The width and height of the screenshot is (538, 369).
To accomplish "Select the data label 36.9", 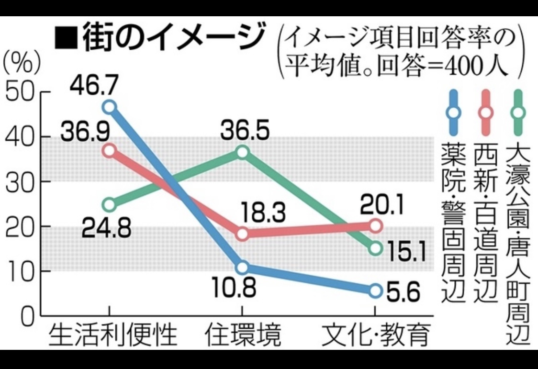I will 80,130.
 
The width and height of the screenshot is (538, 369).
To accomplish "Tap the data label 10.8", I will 236,289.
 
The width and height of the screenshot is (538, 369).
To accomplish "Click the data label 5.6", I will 402,290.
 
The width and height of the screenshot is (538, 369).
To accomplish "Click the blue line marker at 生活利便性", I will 110,106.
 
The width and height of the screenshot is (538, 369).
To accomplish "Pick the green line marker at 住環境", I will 243,152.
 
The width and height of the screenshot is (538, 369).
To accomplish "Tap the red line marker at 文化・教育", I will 376,225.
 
